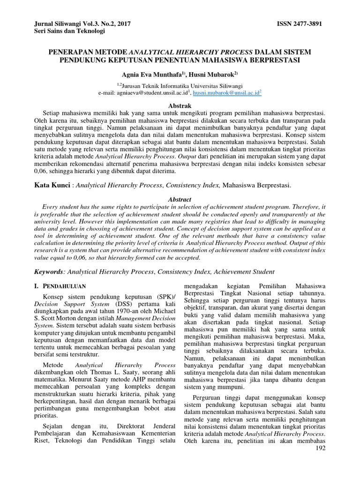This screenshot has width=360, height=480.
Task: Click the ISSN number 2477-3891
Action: point(309,23)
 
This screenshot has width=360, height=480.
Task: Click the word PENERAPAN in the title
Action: point(71,52)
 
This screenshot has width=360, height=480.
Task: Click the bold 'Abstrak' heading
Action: point(180,106)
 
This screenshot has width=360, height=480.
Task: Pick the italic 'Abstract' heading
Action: point(180,199)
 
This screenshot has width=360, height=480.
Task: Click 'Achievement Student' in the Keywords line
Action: point(248,272)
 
